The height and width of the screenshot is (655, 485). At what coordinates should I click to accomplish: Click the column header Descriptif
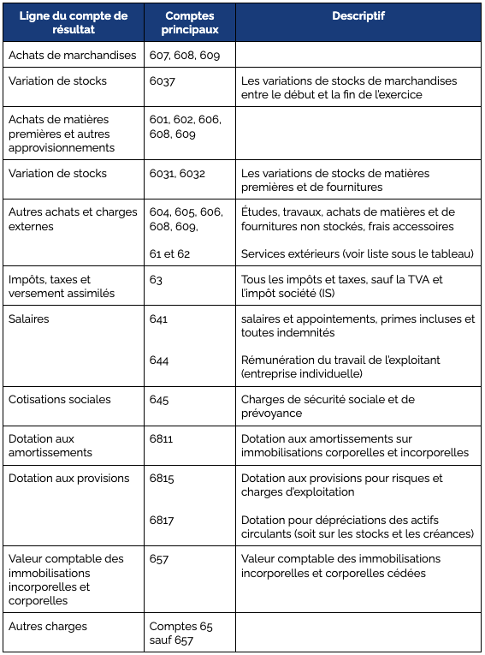click(x=358, y=16)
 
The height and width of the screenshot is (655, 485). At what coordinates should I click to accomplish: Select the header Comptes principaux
click(x=189, y=23)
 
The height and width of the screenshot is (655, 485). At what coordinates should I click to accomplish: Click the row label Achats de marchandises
click(x=73, y=55)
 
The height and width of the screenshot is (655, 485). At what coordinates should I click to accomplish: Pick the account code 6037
click(x=163, y=80)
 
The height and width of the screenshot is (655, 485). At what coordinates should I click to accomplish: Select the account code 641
click(x=158, y=319)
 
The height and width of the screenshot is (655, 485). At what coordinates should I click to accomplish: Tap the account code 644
click(x=159, y=360)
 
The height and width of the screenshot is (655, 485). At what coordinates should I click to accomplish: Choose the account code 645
click(x=159, y=399)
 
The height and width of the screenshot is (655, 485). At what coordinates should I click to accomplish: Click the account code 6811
click(x=161, y=438)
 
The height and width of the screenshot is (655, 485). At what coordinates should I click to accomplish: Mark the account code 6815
click(x=162, y=478)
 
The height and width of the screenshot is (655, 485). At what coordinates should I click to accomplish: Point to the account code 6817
click(x=162, y=519)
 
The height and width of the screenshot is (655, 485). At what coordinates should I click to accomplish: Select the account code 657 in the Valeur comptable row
click(x=159, y=558)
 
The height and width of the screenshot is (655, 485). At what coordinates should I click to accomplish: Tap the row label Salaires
click(x=29, y=319)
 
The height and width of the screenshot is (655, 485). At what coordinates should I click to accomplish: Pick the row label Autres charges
click(x=48, y=626)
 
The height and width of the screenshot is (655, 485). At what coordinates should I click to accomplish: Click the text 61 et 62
click(x=169, y=253)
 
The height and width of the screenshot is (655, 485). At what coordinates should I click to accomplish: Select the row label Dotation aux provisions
click(x=69, y=478)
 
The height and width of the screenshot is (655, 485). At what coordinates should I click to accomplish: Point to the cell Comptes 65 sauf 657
click(x=181, y=633)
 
